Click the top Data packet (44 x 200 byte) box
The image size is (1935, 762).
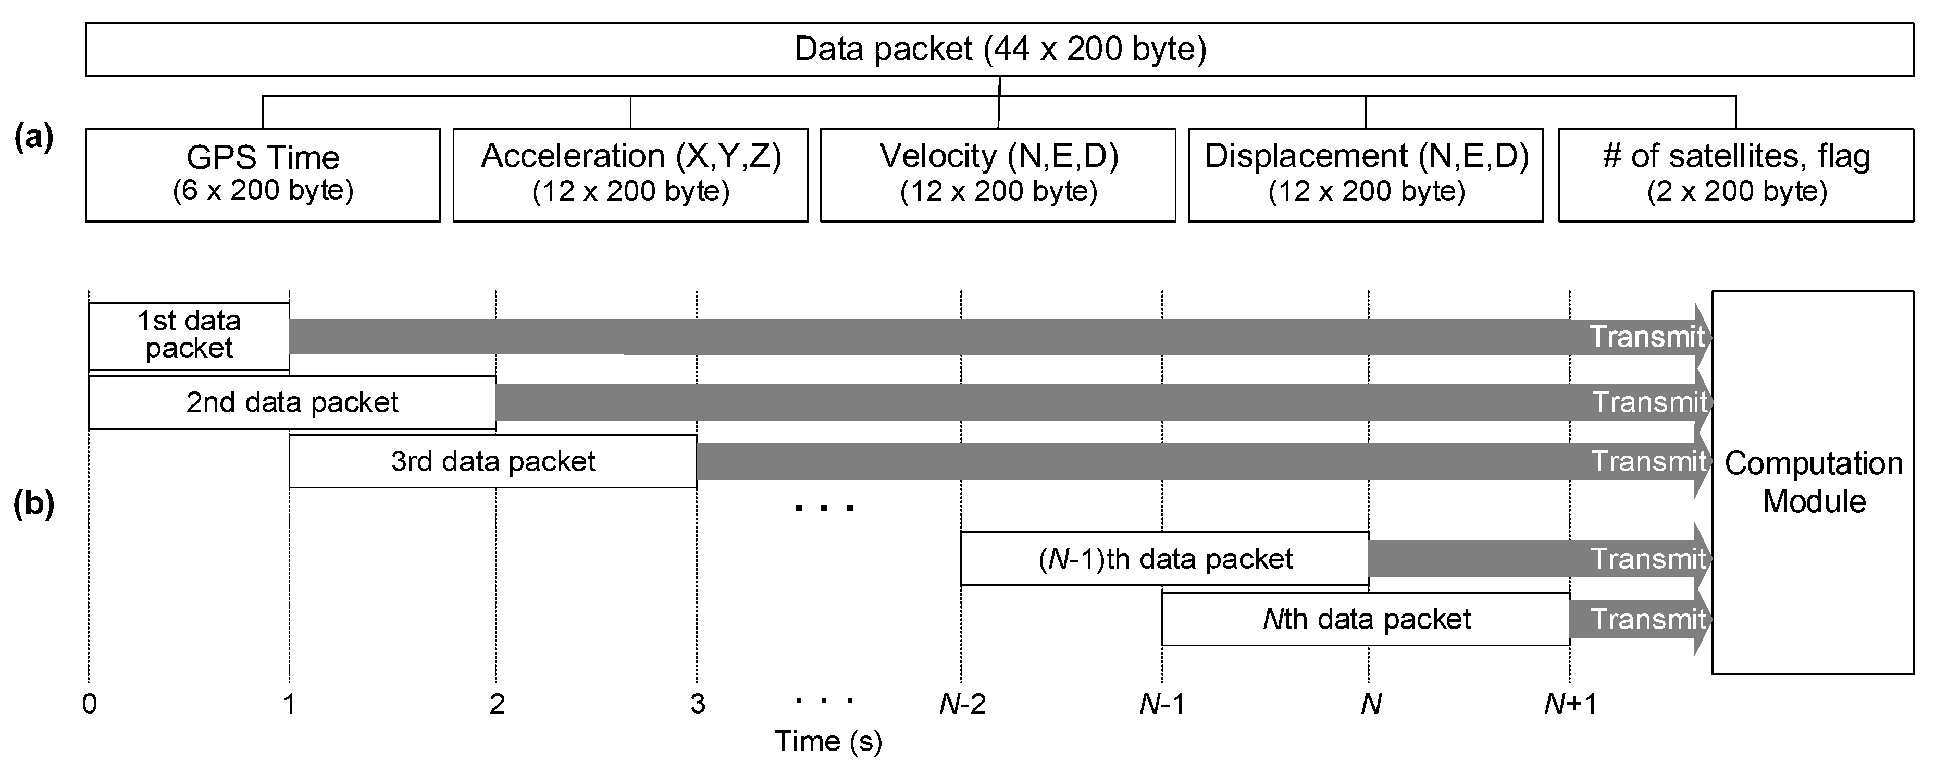tap(999, 50)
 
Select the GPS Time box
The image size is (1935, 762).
tap(263, 175)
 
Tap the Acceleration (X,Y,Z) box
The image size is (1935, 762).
tap(630, 175)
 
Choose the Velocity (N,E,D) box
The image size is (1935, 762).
tap(998, 175)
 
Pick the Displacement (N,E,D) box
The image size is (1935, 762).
tap(1366, 175)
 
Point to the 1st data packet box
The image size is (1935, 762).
tap(189, 336)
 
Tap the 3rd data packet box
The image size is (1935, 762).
tap(493, 461)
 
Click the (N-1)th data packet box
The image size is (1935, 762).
tap(1164, 558)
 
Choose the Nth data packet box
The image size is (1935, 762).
tap(1366, 619)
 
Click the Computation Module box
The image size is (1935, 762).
tap(1813, 483)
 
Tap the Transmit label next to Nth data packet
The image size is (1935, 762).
tap(1648, 619)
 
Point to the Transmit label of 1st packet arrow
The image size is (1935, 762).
tap(1646, 337)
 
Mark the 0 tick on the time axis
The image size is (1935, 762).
tap(90, 704)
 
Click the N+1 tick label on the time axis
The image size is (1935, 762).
tap(1570, 704)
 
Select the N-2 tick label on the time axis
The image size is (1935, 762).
tap(961, 704)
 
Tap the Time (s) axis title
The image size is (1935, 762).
tap(828, 742)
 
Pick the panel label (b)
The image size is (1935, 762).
tap(34, 505)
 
